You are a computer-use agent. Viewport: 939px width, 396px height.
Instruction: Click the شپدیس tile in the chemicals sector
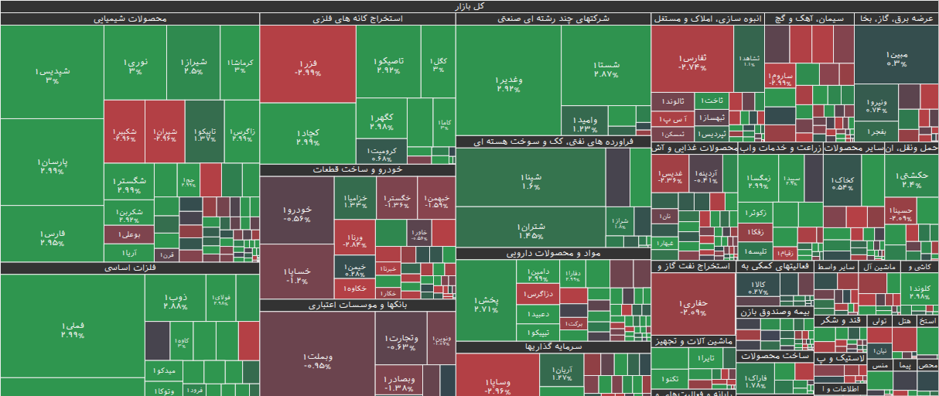click(52, 75)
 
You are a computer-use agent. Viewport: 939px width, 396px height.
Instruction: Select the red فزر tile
click(307, 67)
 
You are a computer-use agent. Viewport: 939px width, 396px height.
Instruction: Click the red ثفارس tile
click(691, 62)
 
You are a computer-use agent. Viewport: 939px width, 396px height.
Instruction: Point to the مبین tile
click(896, 59)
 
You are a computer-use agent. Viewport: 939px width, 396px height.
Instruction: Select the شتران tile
click(531, 230)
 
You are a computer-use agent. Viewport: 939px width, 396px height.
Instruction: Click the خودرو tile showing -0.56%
click(297, 213)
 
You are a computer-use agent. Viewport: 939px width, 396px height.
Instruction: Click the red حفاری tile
click(691, 307)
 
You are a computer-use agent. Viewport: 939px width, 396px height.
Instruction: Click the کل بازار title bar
click(469, 6)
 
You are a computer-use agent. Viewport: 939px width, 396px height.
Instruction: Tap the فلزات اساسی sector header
click(129, 268)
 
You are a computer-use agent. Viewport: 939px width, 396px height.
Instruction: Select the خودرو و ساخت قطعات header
click(357, 170)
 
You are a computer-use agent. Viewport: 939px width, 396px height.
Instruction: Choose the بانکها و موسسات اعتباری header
click(357, 306)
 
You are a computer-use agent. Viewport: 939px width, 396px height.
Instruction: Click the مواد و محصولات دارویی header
click(553, 253)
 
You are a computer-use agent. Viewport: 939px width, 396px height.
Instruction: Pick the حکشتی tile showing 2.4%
click(910, 179)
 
